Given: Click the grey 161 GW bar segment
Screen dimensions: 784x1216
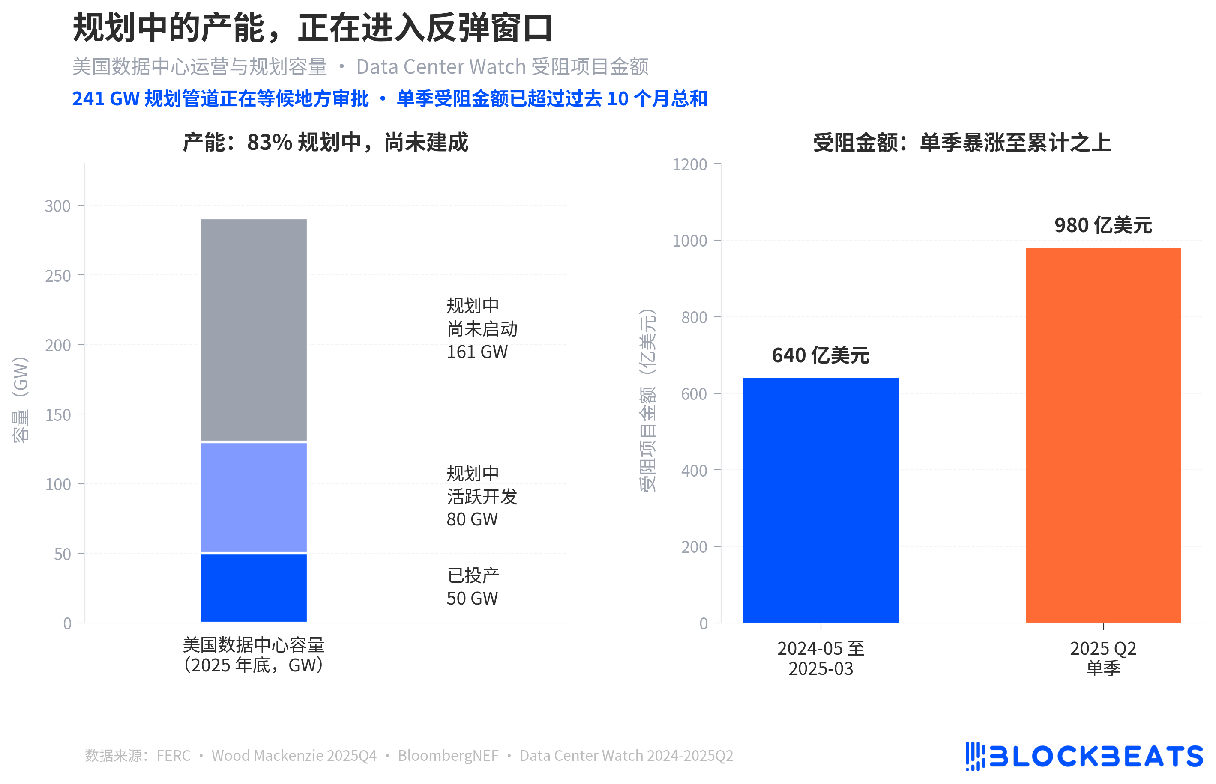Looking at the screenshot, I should point(253,329).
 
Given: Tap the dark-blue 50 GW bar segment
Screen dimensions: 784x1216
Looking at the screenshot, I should point(253,587).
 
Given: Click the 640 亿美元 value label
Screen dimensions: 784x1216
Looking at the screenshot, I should point(820,355).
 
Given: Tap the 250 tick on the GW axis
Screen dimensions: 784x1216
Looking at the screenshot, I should point(57,276).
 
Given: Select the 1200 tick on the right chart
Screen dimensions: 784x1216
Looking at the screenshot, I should point(689,164).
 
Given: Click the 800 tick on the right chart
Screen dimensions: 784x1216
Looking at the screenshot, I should point(693,318).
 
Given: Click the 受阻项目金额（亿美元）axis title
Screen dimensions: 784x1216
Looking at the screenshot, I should point(647,400).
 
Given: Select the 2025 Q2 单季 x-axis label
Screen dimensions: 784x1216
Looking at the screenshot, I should point(1102,658).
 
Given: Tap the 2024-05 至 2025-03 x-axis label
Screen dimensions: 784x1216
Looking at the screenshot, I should point(820,658).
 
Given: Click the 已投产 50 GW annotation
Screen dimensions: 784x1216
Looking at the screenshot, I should point(472,587).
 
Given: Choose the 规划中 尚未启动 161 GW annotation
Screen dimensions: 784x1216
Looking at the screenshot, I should point(482,328).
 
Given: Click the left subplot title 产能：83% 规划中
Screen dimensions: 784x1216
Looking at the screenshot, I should point(325,142).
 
